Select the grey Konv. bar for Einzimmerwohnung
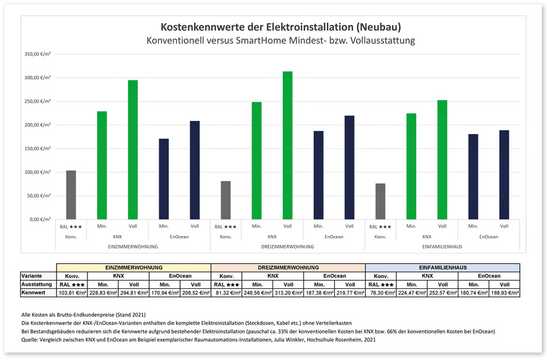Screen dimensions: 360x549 (x=71, y=194)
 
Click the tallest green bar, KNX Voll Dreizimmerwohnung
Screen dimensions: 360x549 (x=288, y=145)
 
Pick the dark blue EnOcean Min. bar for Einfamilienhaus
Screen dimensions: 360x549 (x=473, y=176)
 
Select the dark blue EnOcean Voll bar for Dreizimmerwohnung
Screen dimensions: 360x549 (x=349, y=167)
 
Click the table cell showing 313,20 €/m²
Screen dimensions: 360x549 (x=288, y=293)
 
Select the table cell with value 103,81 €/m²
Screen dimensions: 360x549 (x=71, y=293)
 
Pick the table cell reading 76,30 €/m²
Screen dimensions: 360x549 (x=380, y=293)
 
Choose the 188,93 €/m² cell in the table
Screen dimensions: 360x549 (x=504, y=293)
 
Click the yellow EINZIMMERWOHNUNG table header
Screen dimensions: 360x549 (x=133, y=267)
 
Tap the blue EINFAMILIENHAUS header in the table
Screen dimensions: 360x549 (x=442, y=267)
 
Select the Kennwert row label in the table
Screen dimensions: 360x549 (x=33, y=293)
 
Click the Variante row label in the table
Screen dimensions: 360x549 (x=32, y=275)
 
